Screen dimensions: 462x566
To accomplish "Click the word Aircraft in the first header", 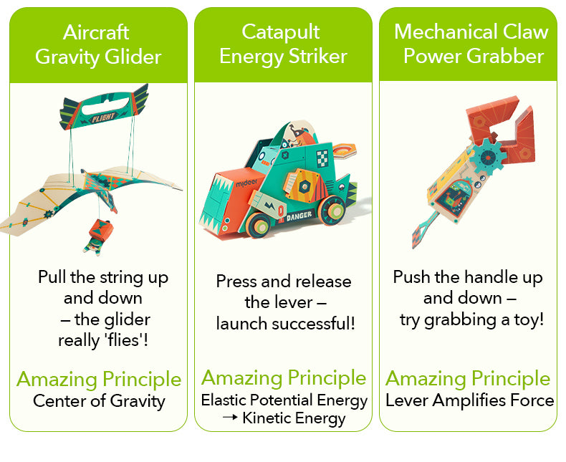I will pos(96,32).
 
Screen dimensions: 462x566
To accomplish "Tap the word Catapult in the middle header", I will pos(281,32).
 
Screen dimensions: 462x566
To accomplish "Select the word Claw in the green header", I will pos(525,32).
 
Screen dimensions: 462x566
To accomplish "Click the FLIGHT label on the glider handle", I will pos(103,117).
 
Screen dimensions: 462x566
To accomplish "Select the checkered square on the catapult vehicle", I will pos(324,157).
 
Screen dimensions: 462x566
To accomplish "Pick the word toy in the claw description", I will pos(529,319).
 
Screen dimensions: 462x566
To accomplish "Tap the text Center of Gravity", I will pos(99,400).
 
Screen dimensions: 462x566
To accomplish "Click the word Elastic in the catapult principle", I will pos(225,400).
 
